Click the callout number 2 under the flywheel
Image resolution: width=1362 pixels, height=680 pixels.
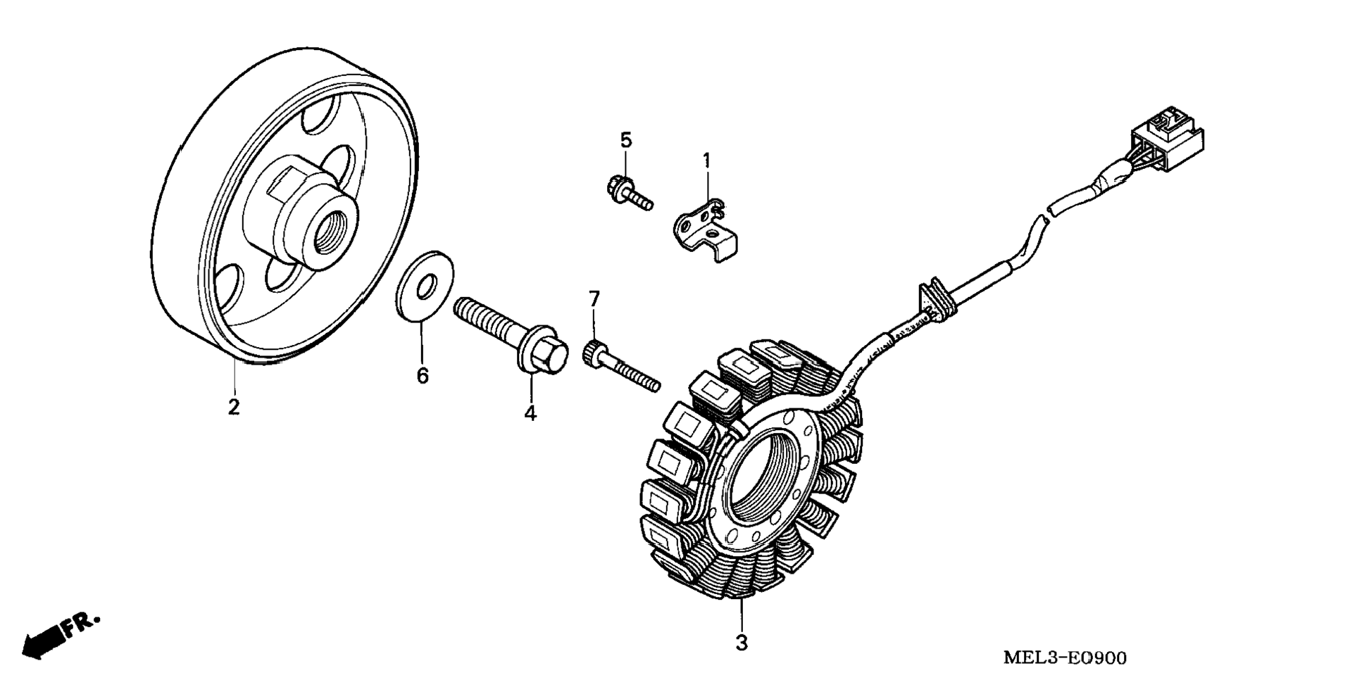pyautogui.click(x=234, y=406)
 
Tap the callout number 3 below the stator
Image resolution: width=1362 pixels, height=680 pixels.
pyautogui.click(x=741, y=642)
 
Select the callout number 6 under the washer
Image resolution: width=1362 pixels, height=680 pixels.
pyautogui.click(x=423, y=376)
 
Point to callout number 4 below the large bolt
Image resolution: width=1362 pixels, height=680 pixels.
pyautogui.click(x=530, y=413)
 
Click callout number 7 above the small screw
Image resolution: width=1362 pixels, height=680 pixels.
pyautogui.click(x=594, y=299)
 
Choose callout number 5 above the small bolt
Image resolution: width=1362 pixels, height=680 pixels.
pyautogui.click(x=626, y=140)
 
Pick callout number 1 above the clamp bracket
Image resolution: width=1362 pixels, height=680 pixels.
pyautogui.click(x=706, y=161)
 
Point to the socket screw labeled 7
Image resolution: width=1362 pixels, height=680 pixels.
pyautogui.click(x=620, y=366)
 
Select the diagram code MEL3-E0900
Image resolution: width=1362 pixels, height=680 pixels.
pyautogui.click(x=1064, y=658)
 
